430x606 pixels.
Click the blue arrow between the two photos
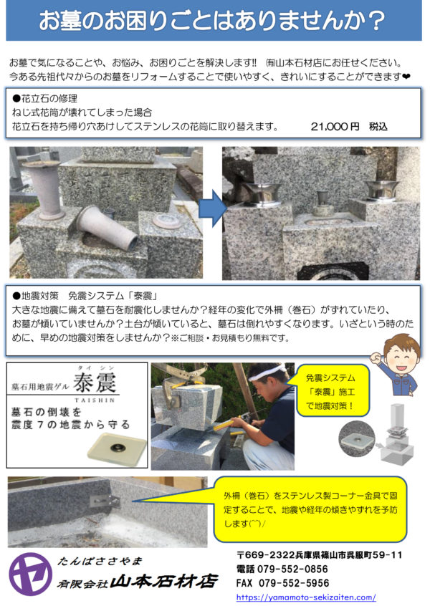pos(212,208)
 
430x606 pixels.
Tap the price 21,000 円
pos(335,126)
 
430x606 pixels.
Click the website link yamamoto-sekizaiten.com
pos(306,597)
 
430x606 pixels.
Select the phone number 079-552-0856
pos(292,569)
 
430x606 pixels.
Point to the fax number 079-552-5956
pos(294,583)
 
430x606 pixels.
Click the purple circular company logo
pos(31,574)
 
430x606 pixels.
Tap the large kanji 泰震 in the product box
pos(95,382)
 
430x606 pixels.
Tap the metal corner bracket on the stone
pos(105,501)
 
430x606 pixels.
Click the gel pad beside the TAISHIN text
pos(117,448)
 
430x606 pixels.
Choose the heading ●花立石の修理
pos(45,99)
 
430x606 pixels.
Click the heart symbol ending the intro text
pos(406,77)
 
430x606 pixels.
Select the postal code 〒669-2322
pos(266,555)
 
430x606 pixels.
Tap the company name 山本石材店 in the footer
pos(164,582)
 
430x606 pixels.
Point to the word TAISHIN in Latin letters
pos(95,400)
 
